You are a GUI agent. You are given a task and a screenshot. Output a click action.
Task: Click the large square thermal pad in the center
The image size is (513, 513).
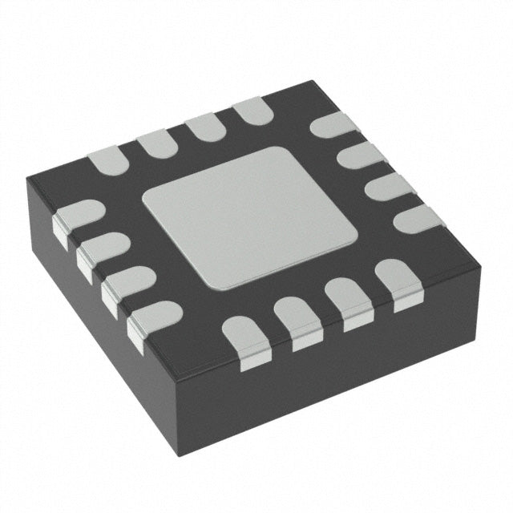[249, 216]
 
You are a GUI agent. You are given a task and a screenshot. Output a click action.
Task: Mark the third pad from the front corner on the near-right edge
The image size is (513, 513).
[349, 301]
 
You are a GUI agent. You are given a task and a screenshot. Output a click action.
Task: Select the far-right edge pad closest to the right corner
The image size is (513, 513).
[417, 216]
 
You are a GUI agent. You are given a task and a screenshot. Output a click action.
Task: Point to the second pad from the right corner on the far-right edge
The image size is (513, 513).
[388, 186]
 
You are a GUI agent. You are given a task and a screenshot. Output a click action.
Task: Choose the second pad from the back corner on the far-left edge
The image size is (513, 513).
[204, 127]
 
